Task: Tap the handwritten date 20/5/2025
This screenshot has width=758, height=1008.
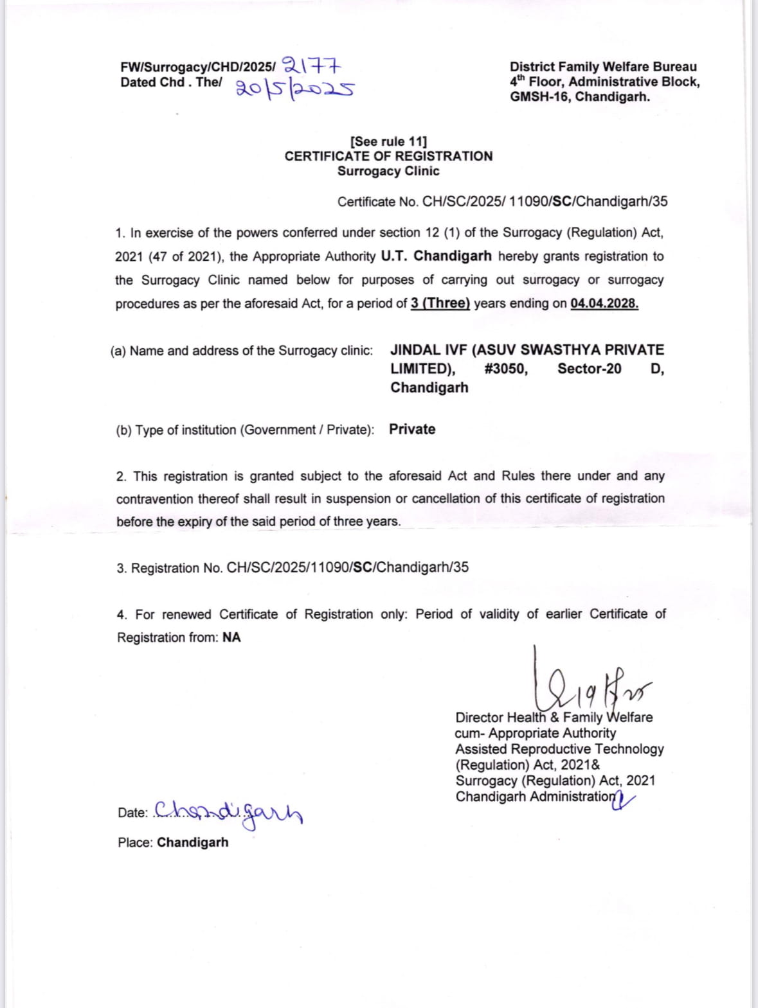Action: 295,88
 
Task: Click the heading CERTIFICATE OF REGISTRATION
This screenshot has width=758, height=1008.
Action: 388,156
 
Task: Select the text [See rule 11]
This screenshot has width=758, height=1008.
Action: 388,141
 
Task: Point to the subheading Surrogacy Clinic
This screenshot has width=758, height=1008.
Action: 388,171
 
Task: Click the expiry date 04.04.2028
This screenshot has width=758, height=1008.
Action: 604,303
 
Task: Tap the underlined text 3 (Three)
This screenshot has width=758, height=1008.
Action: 440,303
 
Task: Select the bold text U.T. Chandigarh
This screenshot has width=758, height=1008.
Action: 436,256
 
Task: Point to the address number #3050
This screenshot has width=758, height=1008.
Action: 506,369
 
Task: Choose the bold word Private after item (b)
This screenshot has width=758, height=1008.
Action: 412,429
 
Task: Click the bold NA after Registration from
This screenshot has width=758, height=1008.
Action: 231,637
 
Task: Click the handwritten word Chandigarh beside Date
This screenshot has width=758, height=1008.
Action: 228,813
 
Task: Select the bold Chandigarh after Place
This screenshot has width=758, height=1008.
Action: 192,842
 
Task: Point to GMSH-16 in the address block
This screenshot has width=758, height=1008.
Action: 539,97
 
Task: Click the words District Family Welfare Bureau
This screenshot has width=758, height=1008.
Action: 603,66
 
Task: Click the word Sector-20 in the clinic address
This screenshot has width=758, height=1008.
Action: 589,369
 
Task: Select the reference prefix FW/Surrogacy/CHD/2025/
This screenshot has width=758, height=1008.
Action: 197,67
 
